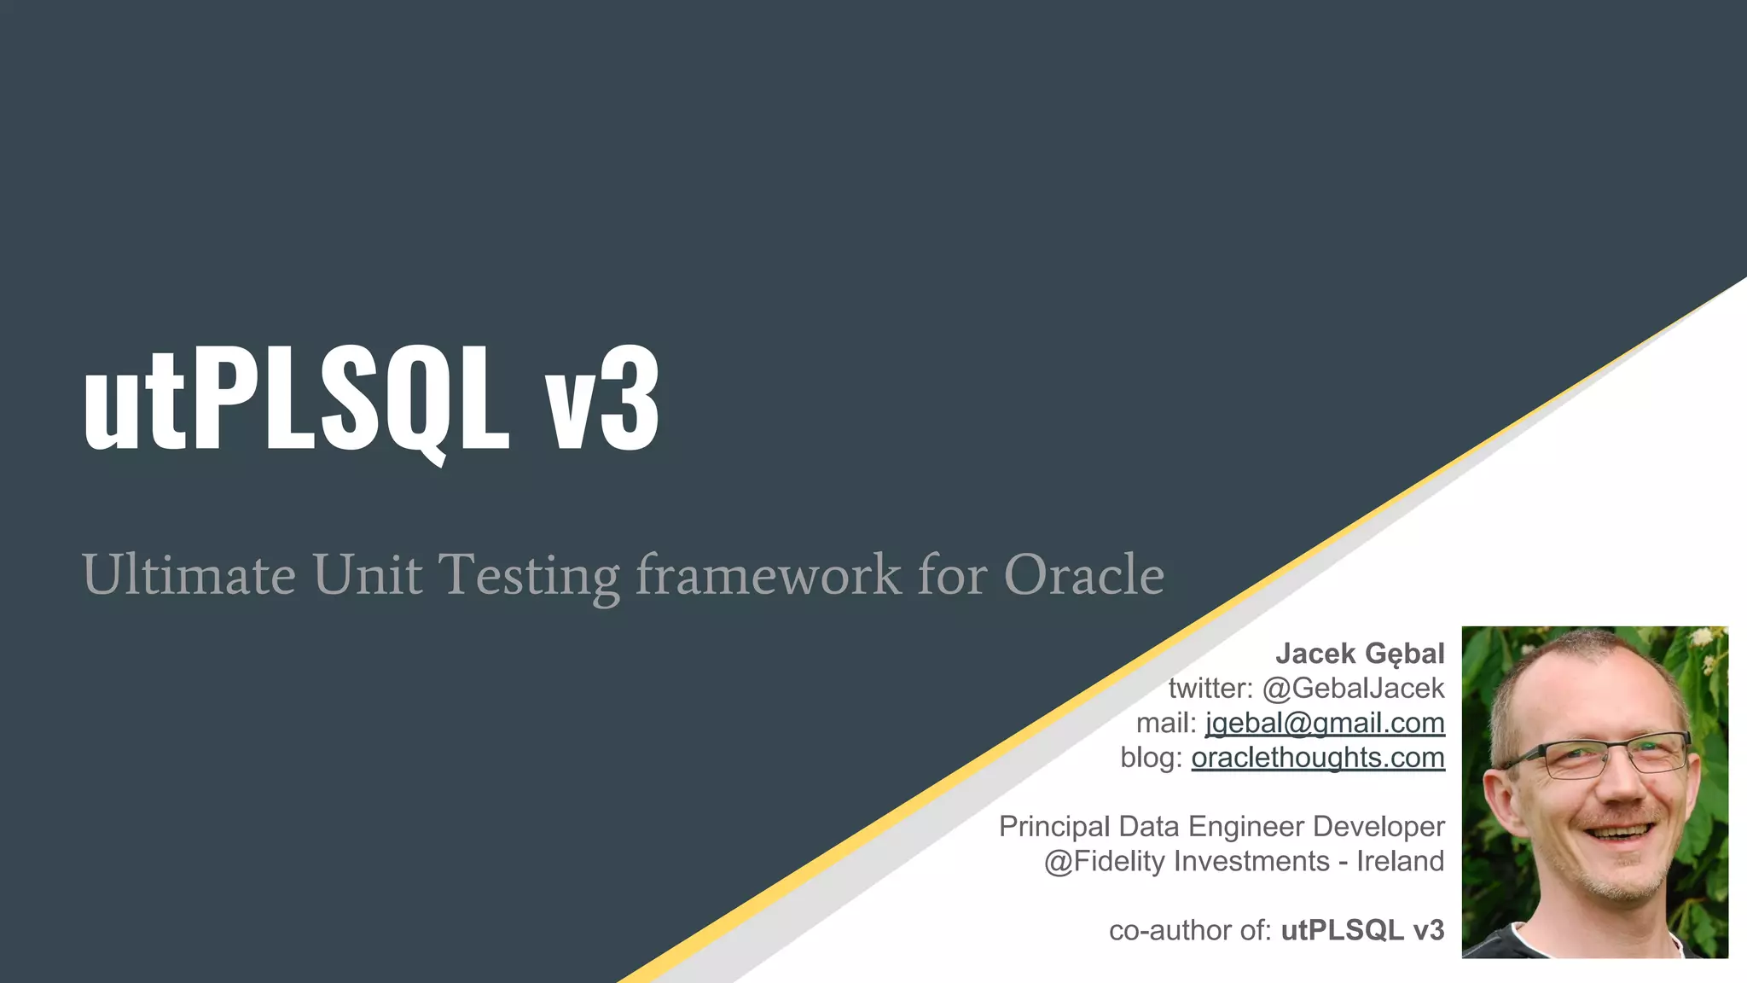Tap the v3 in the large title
pos(602,398)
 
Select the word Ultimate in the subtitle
pos(189,574)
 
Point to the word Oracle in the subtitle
pos(1083,574)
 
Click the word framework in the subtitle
pos(768,574)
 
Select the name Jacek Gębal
pos(1360,654)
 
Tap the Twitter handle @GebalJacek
pos(1353,688)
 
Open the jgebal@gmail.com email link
pos(1325,723)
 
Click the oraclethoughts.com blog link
pos(1318,758)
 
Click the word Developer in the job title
pos(1378,826)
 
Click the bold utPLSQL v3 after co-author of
pos(1362,930)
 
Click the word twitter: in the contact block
pos(1210,688)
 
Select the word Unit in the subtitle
pos(367,574)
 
